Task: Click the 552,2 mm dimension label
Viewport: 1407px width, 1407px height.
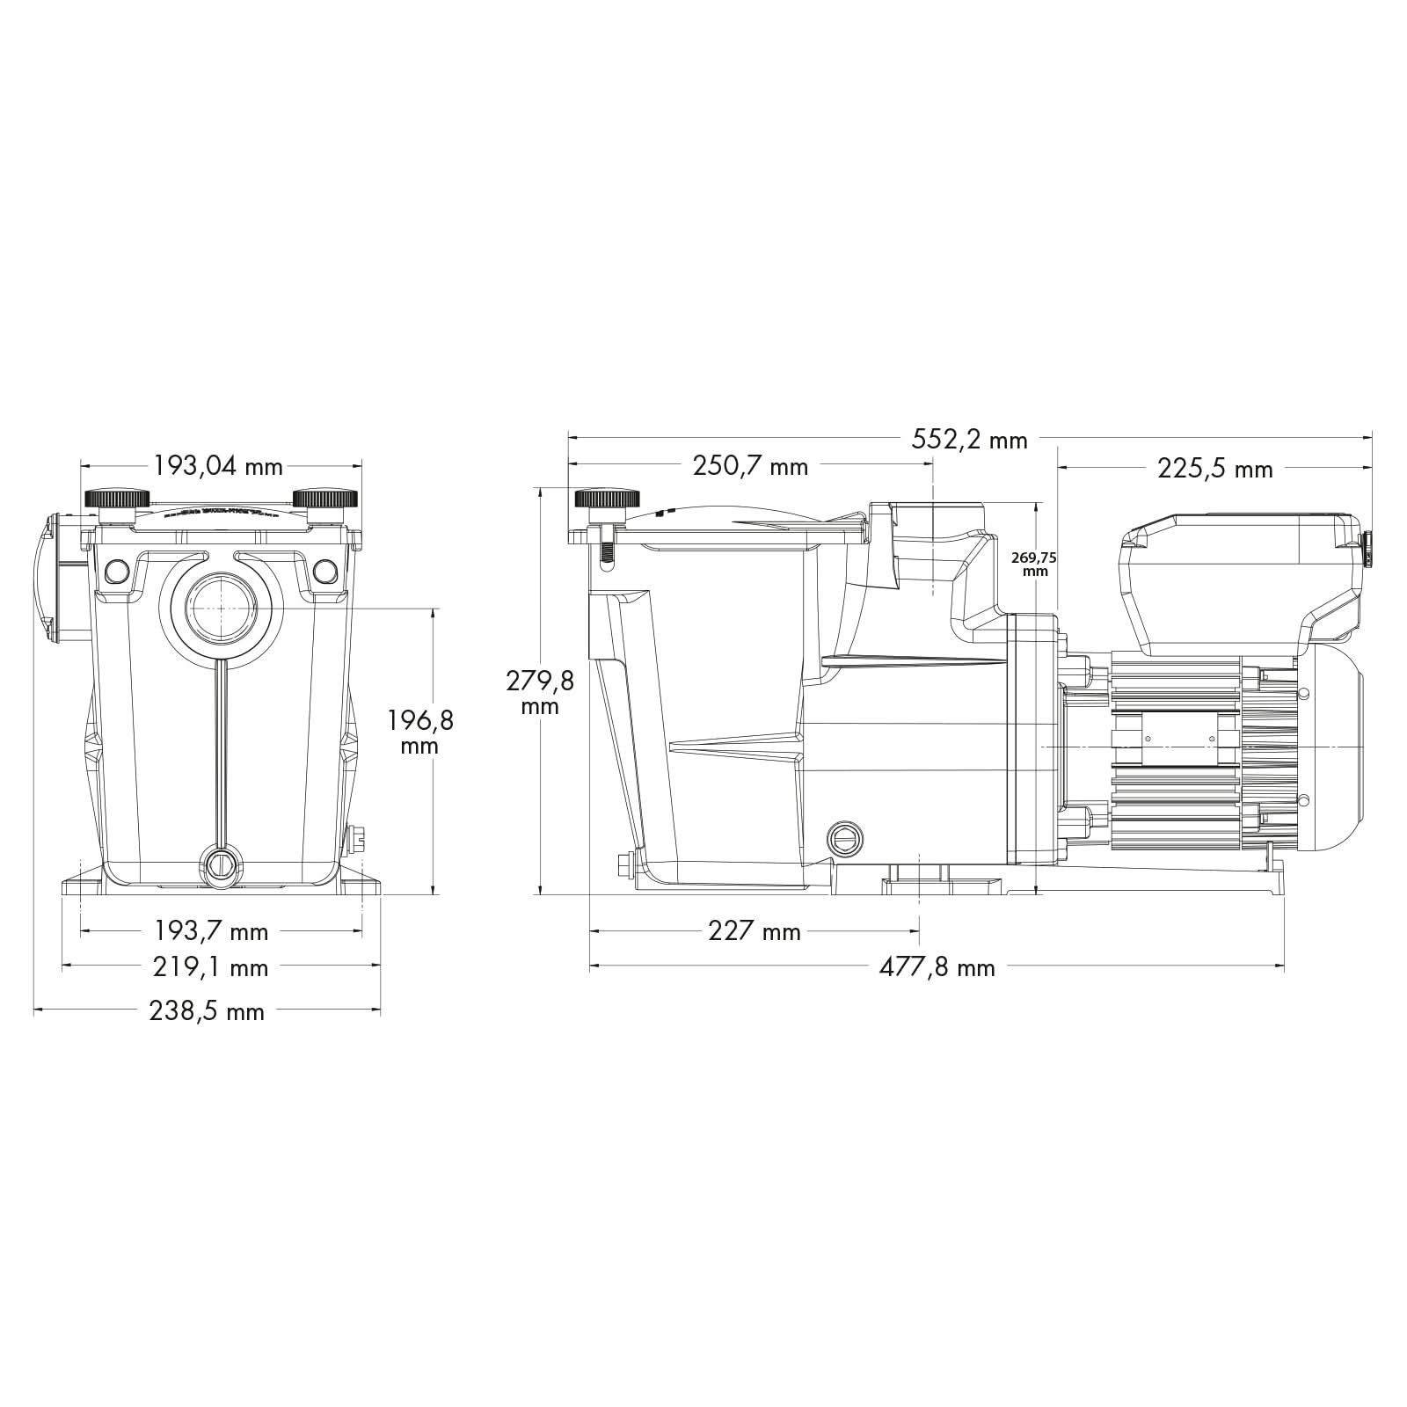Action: tap(969, 439)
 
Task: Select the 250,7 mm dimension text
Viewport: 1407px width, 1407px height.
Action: tap(750, 466)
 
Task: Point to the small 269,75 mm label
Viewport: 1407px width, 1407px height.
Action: tap(1036, 563)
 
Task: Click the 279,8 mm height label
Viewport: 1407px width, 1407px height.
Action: tap(540, 691)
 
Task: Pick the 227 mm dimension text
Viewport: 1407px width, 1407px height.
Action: tap(755, 931)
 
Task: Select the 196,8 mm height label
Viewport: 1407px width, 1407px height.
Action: tap(420, 733)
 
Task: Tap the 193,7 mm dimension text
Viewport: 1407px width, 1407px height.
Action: tap(211, 931)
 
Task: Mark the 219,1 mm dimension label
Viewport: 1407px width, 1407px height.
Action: tap(211, 968)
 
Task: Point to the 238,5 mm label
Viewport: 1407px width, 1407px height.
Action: tap(207, 1012)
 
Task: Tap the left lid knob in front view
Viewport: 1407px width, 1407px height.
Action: tap(116, 499)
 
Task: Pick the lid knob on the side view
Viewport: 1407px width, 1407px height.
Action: tap(607, 499)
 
